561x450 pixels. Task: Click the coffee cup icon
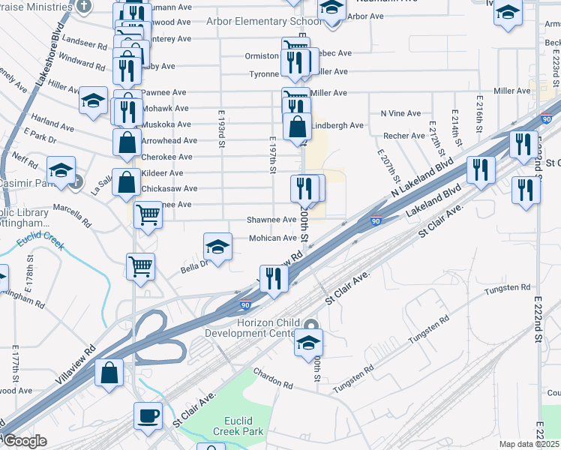click(x=148, y=415)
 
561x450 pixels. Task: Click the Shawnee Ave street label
click(x=271, y=220)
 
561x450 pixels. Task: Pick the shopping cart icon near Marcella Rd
click(x=148, y=215)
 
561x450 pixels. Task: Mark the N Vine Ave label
click(x=400, y=113)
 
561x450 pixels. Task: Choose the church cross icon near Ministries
click(x=85, y=5)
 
